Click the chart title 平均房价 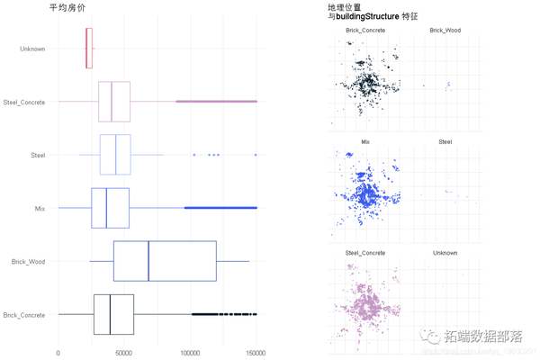pyautogui.click(x=67, y=7)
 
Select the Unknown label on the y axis pyautogui.click(x=32, y=49)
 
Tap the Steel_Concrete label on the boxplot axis pyautogui.click(x=24, y=103)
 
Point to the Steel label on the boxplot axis pyautogui.click(x=38, y=156)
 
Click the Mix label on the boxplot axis pyautogui.click(x=40, y=209)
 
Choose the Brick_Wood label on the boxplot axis pyautogui.click(x=28, y=262)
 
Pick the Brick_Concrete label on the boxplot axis pyautogui.click(x=24, y=315)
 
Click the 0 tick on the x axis pyautogui.click(x=58, y=353)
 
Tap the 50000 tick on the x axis pyautogui.click(x=124, y=353)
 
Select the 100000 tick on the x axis pyautogui.click(x=190, y=353)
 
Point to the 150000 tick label pyautogui.click(x=256, y=353)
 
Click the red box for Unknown pyautogui.click(x=89, y=49)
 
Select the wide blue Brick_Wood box pyautogui.click(x=165, y=262)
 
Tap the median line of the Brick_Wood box pyautogui.click(x=148, y=262)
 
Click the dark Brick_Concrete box pyautogui.click(x=113, y=315)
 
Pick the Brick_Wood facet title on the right pyautogui.click(x=445, y=31)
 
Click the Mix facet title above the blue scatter pyautogui.click(x=365, y=142)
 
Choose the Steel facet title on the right pyautogui.click(x=445, y=142)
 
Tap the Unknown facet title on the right pyautogui.click(x=445, y=254)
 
